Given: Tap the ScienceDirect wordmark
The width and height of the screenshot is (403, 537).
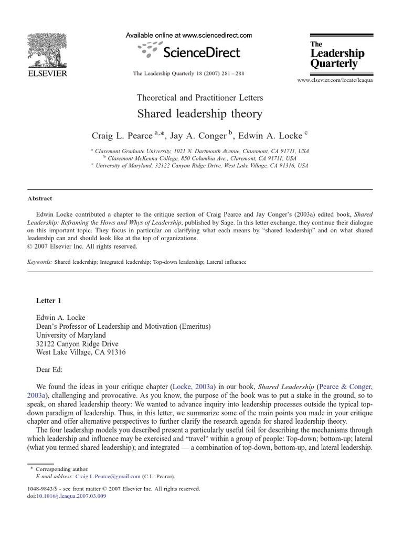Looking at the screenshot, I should click(202, 52).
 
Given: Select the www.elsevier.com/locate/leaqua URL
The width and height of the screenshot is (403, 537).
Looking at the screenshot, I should click(335, 80).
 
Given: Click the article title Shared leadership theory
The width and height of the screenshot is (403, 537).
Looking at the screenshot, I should click(199, 114).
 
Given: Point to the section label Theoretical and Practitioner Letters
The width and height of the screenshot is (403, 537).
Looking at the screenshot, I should click(199, 98).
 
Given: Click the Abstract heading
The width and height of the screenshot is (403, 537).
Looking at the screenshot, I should click(39, 199).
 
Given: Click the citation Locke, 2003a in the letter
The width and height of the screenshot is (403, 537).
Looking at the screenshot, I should click(193, 387).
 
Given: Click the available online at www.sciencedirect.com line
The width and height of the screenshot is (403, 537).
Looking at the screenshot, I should click(189, 35).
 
